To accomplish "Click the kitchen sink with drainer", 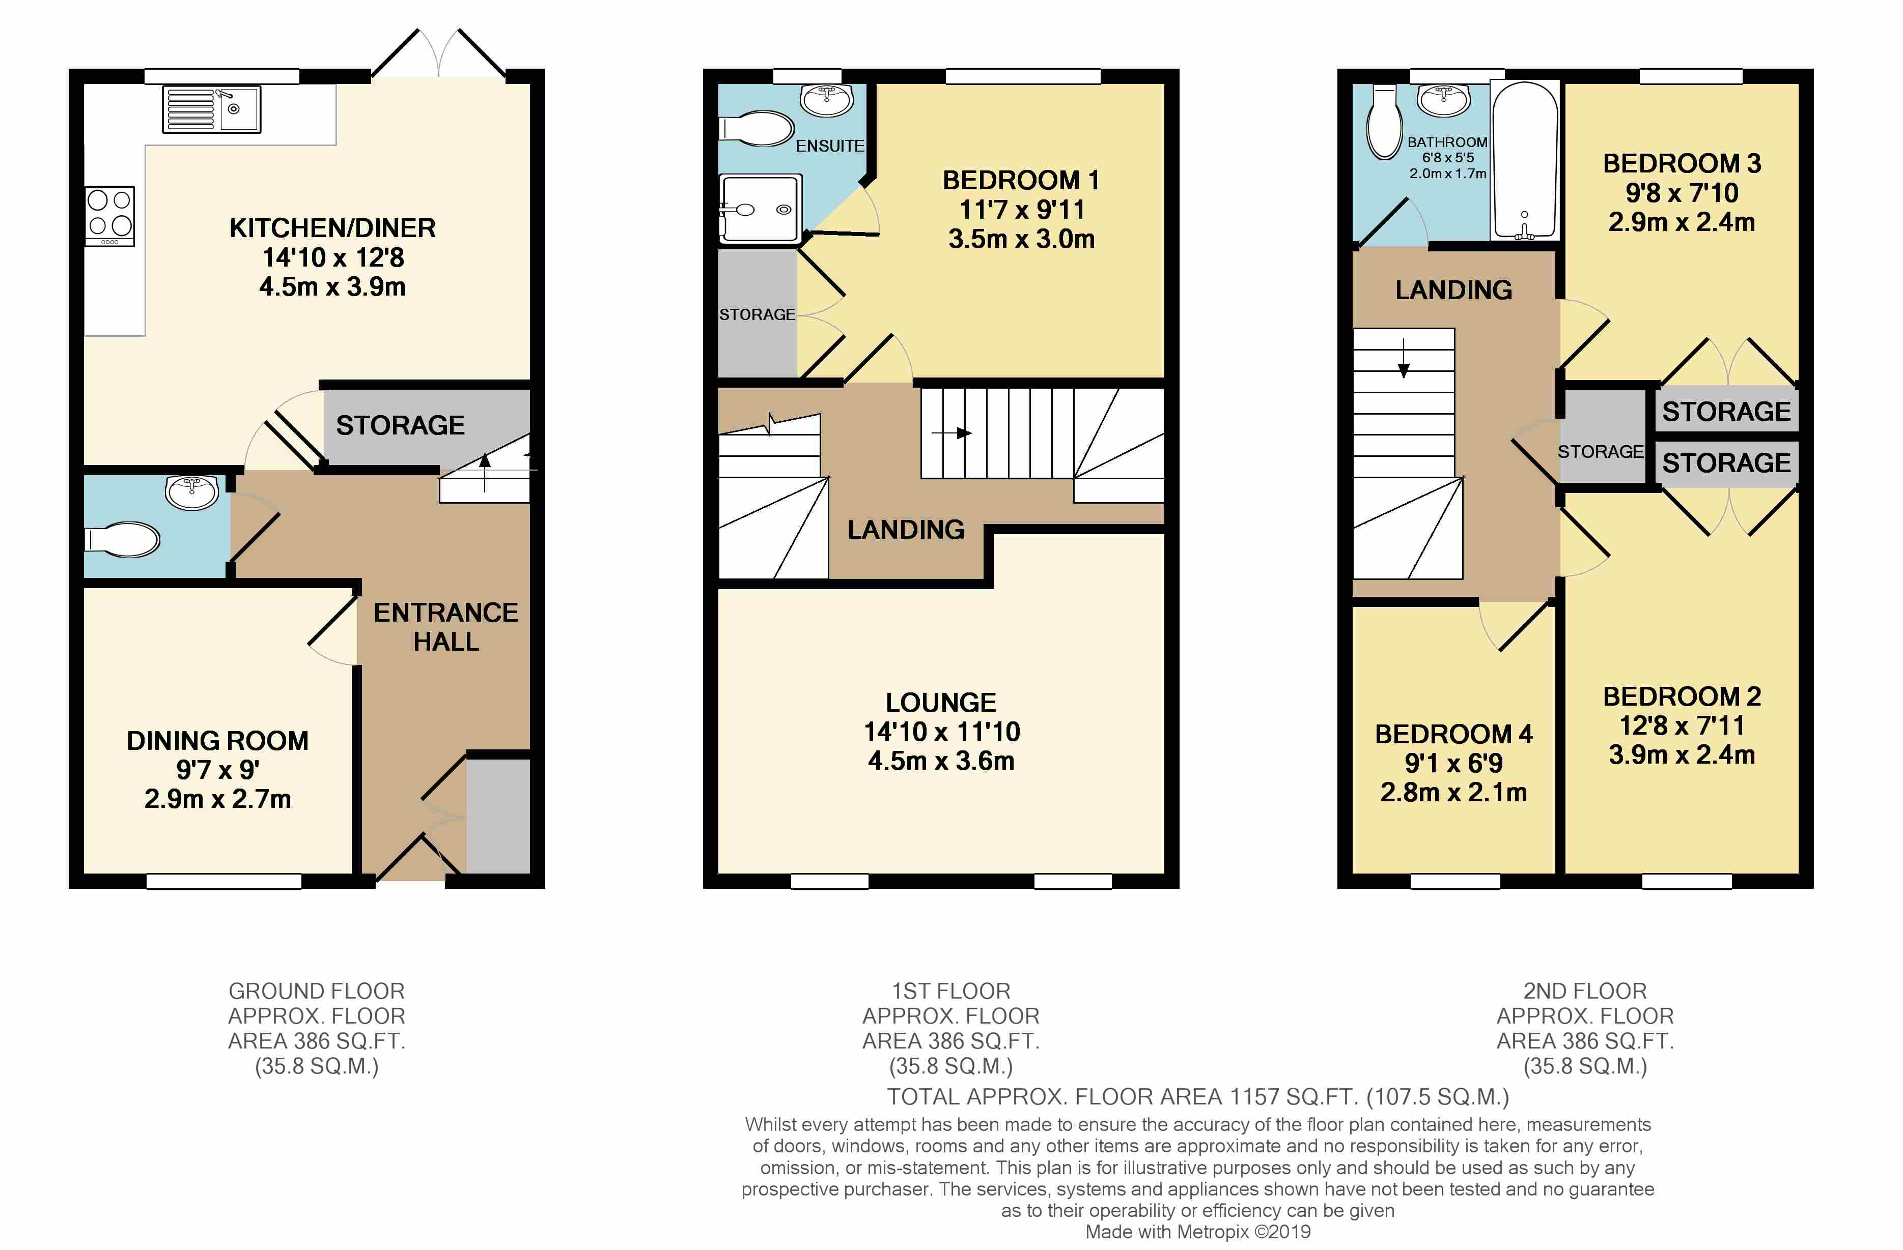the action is pyautogui.click(x=212, y=109).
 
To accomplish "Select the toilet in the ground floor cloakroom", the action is pyautogui.click(x=122, y=539).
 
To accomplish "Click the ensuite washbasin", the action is pyautogui.click(x=827, y=101).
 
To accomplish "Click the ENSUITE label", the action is pyautogui.click(x=829, y=146).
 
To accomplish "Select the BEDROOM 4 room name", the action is pyautogui.click(x=1453, y=734).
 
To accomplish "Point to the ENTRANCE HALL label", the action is pyautogui.click(x=446, y=627).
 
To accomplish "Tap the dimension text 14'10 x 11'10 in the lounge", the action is pyautogui.click(x=942, y=731).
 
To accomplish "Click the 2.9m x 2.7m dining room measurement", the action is pyautogui.click(x=217, y=798).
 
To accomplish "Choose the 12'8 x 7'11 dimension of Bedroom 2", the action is pyautogui.click(x=1682, y=725).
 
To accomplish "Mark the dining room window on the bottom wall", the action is pyautogui.click(x=224, y=881).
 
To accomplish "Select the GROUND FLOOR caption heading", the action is pyautogui.click(x=317, y=991).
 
